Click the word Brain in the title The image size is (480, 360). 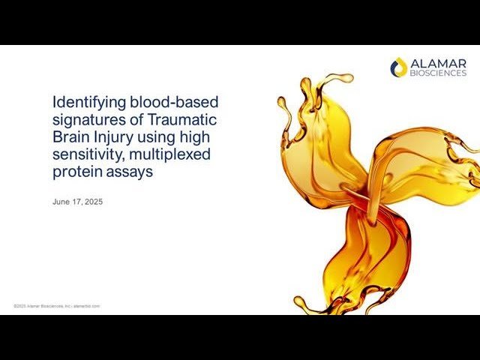(68, 136)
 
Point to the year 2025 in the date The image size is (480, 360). (92, 202)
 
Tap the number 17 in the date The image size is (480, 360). (76, 202)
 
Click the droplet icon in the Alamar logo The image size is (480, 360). (399, 67)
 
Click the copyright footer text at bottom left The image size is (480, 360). (56, 306)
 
